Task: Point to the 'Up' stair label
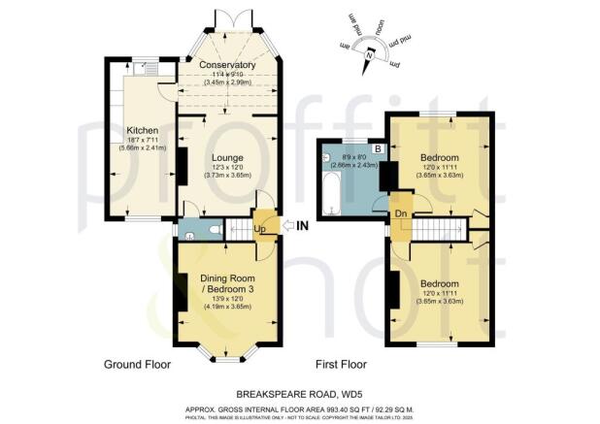260,228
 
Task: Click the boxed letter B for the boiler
378,147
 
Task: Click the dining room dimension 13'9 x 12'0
226,297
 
